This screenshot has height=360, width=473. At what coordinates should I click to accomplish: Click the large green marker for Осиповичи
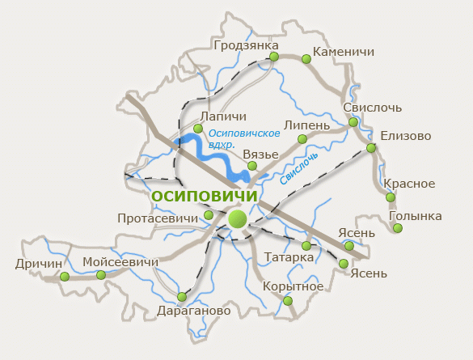pos(237,218)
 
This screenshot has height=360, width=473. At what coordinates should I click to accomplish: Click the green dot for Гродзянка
pos(274,57)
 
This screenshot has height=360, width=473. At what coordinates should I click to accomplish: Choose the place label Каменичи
pos(343,52)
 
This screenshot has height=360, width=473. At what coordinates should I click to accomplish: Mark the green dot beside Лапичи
pos(198,129)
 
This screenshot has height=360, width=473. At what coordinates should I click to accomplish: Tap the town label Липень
pos(306,126)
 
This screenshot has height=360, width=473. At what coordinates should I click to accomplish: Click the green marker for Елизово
pos(371,148)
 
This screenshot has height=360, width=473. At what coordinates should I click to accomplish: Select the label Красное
pos(409,184)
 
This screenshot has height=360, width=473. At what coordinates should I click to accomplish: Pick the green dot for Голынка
pos(397,229)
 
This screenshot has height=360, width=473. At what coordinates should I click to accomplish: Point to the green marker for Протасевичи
pos(209,214)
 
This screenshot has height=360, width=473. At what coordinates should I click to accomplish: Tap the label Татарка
pos(289,257)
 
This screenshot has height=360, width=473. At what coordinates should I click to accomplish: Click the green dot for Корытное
pos(289,301)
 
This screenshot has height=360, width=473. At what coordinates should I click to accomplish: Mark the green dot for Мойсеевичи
pos(101,275)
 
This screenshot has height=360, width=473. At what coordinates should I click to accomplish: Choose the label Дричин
pos(38,263)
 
